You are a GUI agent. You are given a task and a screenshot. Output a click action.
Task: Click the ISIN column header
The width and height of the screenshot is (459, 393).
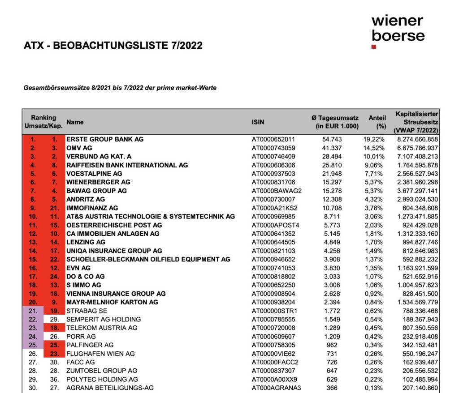[x=258, y=122]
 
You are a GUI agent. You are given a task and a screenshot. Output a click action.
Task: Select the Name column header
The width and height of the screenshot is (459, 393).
[x=75, y=122]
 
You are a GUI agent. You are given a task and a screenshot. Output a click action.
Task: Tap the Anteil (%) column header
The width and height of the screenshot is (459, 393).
[x=377, y=122]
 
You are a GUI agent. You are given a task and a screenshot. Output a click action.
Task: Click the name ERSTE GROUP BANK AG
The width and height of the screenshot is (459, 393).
[x=105, y=139]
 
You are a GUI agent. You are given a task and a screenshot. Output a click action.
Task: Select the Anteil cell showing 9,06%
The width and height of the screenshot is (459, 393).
[x=374, y=165]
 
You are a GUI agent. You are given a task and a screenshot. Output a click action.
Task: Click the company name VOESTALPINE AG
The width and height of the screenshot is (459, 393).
[x=94, y=174]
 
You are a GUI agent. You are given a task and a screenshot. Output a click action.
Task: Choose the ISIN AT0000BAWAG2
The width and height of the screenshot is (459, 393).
[x=277, y=191]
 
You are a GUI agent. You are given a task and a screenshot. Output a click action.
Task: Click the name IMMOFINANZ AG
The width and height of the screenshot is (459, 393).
[x=92, y=208]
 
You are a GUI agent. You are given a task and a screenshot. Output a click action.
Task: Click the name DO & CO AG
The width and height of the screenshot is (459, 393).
[x=86, y=277]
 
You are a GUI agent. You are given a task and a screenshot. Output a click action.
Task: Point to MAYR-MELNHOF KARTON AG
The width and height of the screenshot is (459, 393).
[x=112, y=302]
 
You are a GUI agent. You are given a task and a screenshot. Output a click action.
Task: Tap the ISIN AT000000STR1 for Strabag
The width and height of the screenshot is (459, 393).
[x=274, y=311]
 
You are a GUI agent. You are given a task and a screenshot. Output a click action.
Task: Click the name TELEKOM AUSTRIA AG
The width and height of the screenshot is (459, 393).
[x=102, y=328]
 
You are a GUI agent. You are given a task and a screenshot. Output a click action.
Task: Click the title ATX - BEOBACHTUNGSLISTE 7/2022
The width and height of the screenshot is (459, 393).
[x=113, y=45]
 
